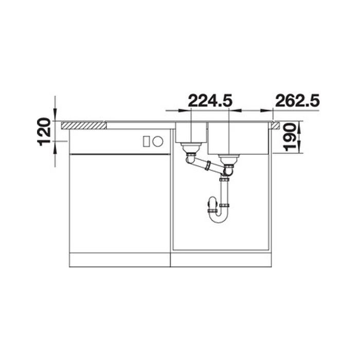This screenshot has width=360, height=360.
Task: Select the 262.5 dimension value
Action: (x=298, y=100)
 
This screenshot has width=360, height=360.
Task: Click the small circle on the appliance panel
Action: (x=159, y=140)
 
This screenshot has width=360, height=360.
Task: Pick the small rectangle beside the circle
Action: (x=147, y=140)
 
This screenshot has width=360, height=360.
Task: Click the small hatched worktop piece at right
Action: (x=276, y=124)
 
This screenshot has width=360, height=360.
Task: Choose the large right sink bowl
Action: (x=238, y=138)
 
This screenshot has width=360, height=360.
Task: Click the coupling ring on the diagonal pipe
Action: (x=208, y=165)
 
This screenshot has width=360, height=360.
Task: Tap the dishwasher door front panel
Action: (x=119, y=203)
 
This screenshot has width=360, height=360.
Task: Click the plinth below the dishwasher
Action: (x=119, y=260)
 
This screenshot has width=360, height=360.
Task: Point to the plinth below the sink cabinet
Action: (x=221, y=260)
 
